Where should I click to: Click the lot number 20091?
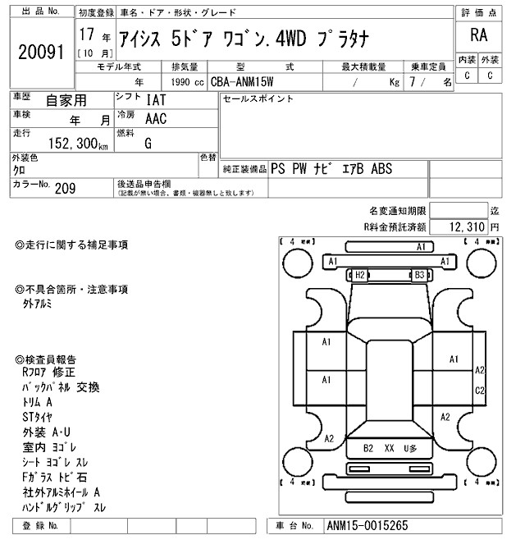click(x=40, y=52)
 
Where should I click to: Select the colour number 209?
click(x=66, y=189)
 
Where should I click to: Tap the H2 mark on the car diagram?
click(x=359, y=275)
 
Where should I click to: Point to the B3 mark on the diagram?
click(x=418, y=275)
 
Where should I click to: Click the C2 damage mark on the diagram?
click(x=481, y=390)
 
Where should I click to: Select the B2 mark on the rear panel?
click(x=368, y=448)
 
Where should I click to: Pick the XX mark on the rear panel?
click(x=390, y=448)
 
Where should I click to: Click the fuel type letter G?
click(x=148, y=143)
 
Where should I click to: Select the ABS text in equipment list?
click(x=382, y=170)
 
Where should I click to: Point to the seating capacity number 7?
click(x=412, y=82)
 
